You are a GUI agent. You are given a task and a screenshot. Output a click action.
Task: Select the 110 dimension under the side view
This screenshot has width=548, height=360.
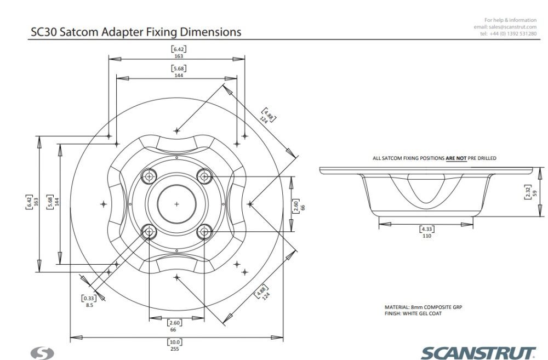coord(427,236)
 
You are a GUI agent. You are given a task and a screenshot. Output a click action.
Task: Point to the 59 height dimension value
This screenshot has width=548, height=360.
coord(535,192)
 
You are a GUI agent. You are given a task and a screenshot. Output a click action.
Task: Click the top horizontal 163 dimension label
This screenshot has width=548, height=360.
coord(178,56)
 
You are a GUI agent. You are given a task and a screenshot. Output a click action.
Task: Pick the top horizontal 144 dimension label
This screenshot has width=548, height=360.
coord(178,75)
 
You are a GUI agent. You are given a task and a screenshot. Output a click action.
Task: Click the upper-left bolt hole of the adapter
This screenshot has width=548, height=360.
coord(149,176)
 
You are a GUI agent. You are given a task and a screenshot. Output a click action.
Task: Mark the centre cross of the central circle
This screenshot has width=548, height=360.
coord(176,204)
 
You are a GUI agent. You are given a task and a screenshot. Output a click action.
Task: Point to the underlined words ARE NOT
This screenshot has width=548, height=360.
coord(456,158)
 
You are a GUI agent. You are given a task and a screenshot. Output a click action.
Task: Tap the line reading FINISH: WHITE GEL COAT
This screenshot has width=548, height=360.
coord(414,313)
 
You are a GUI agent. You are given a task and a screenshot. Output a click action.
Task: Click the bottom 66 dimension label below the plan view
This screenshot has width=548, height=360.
coord(174,329)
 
